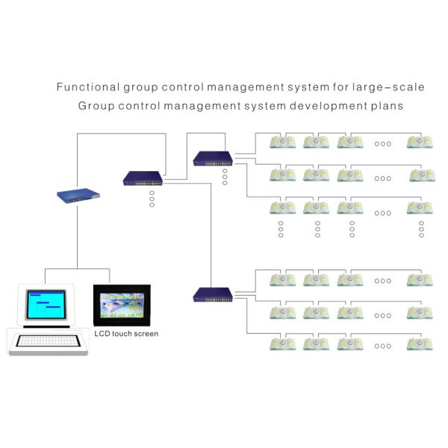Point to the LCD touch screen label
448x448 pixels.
[126, 334]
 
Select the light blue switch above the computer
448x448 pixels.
[78, 195]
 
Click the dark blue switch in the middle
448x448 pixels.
[143, 178]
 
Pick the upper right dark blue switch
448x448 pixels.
[213, 158]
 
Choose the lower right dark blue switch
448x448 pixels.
[213, 294]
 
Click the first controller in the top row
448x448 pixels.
[283, 141]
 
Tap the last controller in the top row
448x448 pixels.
[420, 141]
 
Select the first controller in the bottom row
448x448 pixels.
[283, 344]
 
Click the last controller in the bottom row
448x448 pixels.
[420, 344]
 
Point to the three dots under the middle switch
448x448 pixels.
[152, 199]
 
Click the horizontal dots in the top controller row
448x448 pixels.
[383, 143]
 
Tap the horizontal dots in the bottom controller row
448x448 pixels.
[383, 346]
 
